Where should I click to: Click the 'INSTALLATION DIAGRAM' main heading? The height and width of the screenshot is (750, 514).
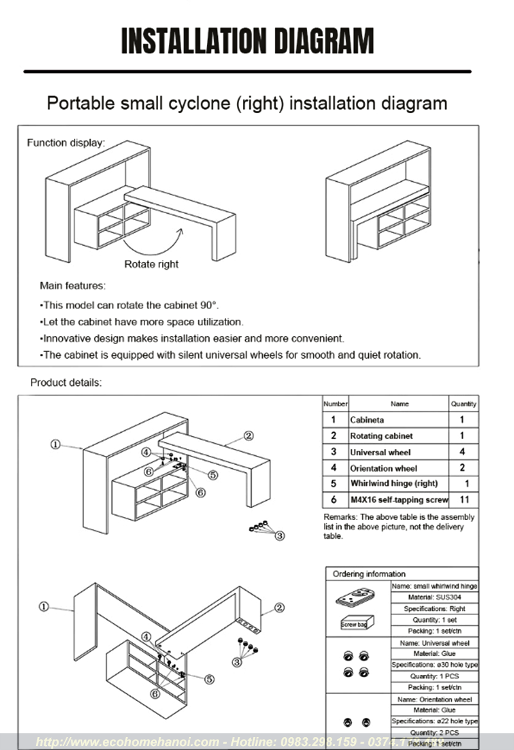pyautogui.click(x=247, y=42)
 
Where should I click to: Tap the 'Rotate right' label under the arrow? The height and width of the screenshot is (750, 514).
pyautogui.click(x=151, y=264)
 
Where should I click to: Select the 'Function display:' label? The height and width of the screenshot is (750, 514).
pyautogui.click(x=66, y=143)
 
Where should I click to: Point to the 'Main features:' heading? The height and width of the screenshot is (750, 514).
pyautogui.click(x=73, y=285)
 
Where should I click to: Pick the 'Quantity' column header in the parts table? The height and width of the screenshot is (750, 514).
pyautogui.click(x=463, y=404)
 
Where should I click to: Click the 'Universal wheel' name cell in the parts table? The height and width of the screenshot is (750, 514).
pyautogui.click(x=380, y=452)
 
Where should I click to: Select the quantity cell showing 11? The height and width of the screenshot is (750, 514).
pyautogui.click(x=463, y=500)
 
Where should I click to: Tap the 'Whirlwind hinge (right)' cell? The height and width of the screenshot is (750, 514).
pyautogui.click(x=393, y=484)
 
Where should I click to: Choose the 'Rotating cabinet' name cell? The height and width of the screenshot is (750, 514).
pyautogui.click(x=381, y=436)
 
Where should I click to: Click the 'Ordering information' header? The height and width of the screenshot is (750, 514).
pyautogui.click(x=369, y=573)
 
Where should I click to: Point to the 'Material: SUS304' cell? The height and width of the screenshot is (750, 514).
pyautogui.click(x=434, y=597)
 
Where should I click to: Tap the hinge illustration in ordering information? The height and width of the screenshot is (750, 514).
pyautogui.click(x=355, y=598)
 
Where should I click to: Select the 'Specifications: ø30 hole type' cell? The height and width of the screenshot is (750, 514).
pyautogui.click(x=434, y=665)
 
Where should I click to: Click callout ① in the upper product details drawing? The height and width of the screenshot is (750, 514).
pyautogui.click(x=56, y=444)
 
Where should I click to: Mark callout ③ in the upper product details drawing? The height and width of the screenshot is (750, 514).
pyautogui.click(x=280, y=534)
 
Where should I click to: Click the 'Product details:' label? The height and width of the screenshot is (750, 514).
pyautogui.click(x=66, y=383)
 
